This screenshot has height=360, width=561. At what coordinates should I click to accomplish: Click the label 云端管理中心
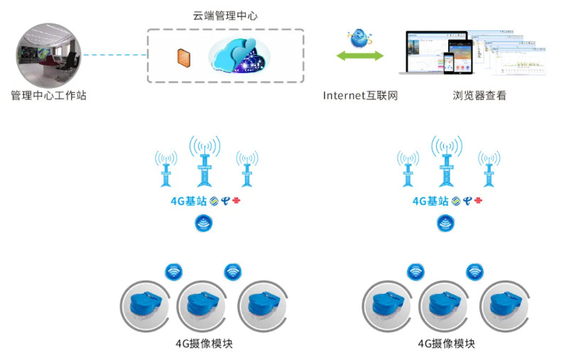pyautogui.click(x=225, y=15)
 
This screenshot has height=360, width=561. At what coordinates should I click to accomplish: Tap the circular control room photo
pyautogui.click(x=48, y=55)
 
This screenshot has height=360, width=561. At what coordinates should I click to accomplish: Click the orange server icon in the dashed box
pyautogui.click(x=184, y=56)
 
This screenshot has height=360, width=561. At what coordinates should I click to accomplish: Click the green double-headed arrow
pyautogui.click(x=359, y=55)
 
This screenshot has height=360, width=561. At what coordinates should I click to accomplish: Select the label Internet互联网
pyautogui.click(x=360, y=95)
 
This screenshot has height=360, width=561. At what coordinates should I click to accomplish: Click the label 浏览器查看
pyautogui.click(x=479, y=95)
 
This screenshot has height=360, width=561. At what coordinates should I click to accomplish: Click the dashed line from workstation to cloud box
pyautogui.click(x=114, y=55)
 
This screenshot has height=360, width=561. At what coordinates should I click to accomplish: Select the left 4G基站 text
pyautogui.click(x=188, y=201)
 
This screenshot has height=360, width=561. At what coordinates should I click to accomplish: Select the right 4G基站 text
pyautogui.click(x=430, y=201)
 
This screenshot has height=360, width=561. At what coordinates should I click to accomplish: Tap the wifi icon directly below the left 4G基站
pyautogui.click(x=205, y=224)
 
